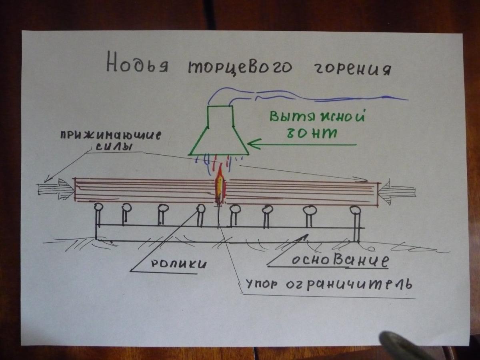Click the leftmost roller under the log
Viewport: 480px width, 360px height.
(98, 208)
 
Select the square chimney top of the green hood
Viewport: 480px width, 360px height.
(220, 116)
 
